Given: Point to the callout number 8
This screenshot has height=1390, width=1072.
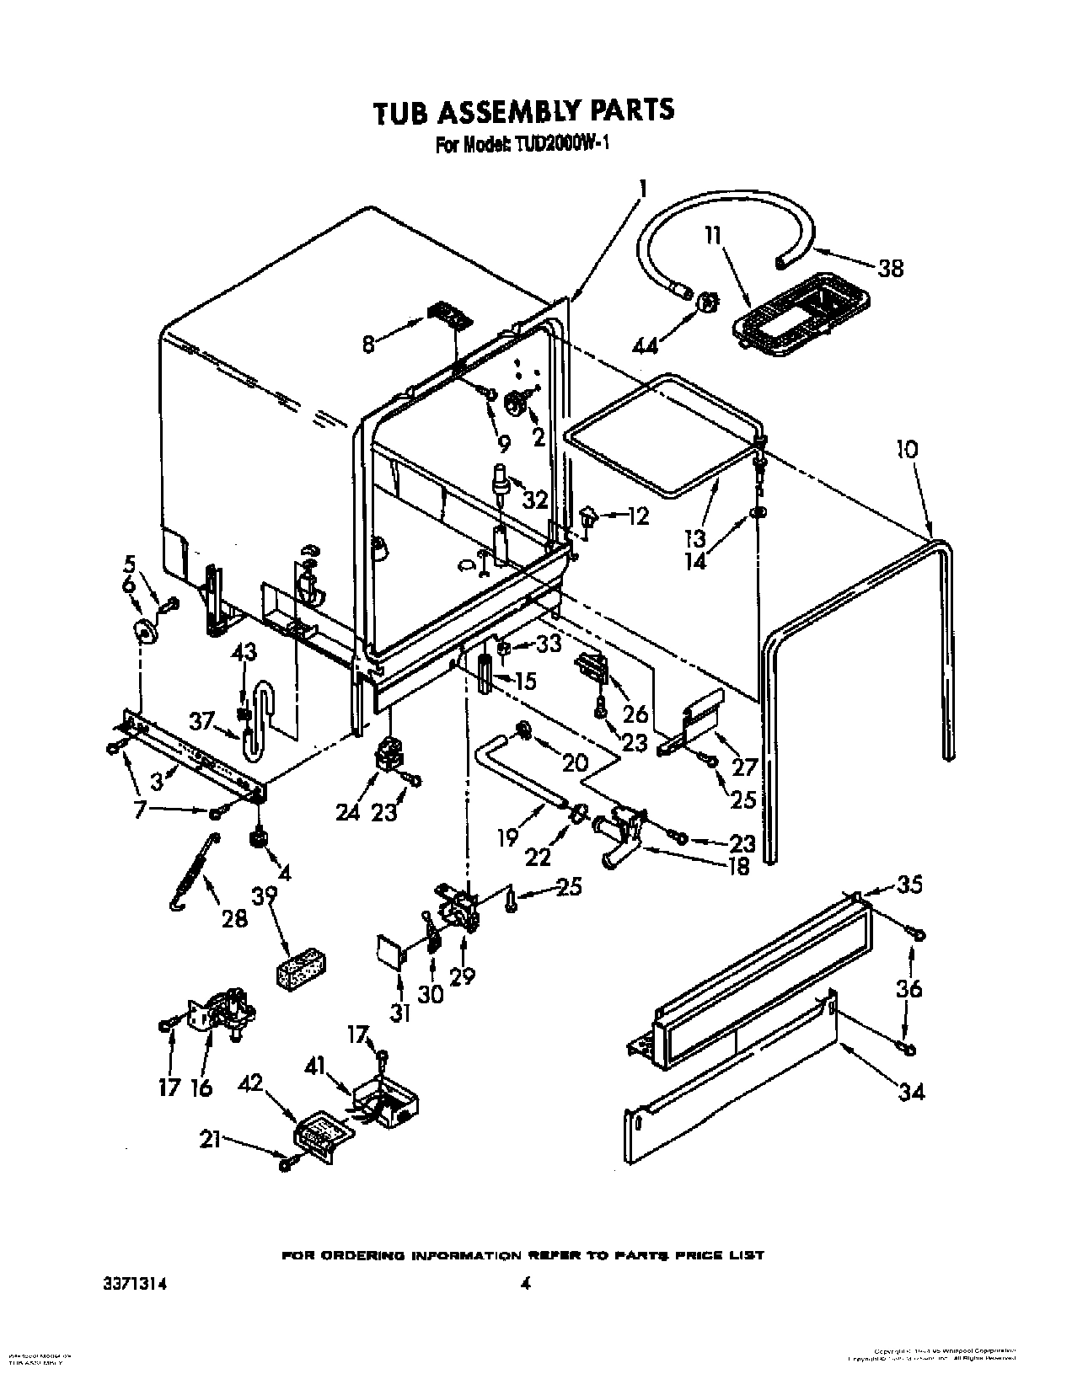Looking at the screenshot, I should click(x=368, y=344).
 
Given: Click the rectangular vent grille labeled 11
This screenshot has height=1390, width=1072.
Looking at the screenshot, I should click(x=799, y=318).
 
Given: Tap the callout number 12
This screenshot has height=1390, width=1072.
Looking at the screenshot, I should click(x=637, y=516).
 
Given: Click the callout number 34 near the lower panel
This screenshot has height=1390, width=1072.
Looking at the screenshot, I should click(x=911, y=1092).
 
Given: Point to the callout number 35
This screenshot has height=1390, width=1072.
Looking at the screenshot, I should click(x=910, y=884).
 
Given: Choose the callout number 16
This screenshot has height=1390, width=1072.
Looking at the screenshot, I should click(x=201, y=1088).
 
